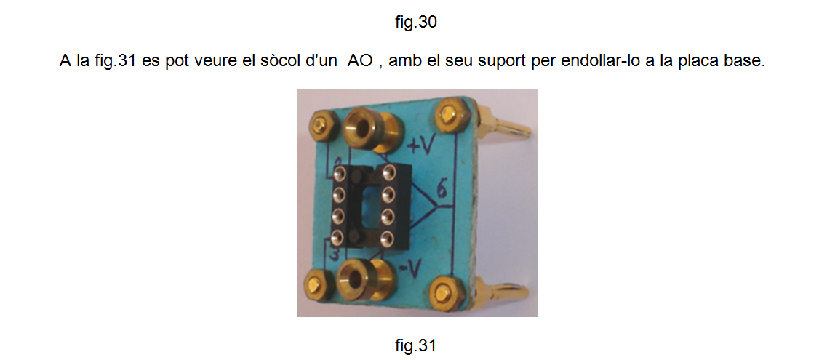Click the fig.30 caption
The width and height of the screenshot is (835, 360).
tap(417, 23)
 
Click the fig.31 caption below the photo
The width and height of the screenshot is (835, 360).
tap(416, 345)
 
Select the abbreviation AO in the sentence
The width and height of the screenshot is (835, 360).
tap(359, 61)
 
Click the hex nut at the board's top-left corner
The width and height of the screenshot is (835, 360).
tap(321, 125)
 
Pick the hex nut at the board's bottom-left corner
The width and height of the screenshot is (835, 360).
tap(316, 283)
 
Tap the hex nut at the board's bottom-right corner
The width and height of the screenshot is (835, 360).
tap(444, 292)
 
